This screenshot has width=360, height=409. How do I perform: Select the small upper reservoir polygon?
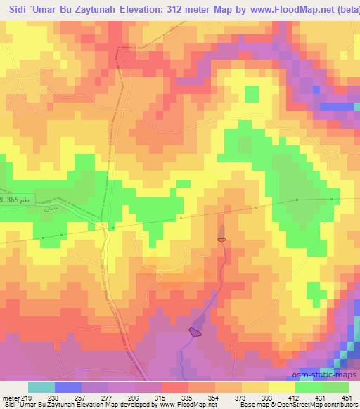click(222, 240)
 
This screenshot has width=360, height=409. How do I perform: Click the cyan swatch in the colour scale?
click(41, 387)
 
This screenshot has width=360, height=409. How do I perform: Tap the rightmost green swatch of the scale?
click(335, 387)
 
